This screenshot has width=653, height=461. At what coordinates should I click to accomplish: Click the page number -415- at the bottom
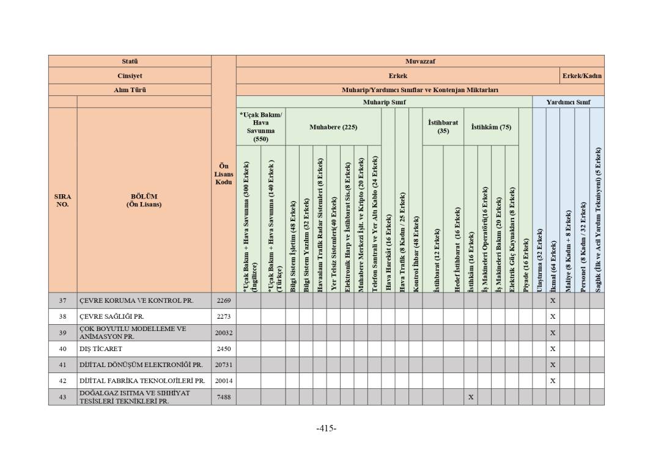[x=326, y=428]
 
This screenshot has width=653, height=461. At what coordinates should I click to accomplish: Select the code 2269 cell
[x=223, y=300]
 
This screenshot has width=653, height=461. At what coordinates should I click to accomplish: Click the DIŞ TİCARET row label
[x=100, y=349]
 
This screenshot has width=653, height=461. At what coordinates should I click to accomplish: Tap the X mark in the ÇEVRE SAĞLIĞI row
[x=552, y=316]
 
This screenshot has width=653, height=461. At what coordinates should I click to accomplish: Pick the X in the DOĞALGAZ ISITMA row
[x=470, y=397]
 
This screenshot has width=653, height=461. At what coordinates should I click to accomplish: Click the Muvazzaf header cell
[x=419, y=61]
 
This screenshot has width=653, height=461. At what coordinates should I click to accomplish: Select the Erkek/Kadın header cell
[x=582, y=76]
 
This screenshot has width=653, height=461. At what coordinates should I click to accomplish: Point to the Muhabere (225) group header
[x=333, y=127]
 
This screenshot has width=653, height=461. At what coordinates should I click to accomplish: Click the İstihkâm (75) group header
[x=491, y=127]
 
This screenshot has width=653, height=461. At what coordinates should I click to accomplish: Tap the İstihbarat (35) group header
[x=443, y=126]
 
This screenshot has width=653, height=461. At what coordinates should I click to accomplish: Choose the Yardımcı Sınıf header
[x=568, y=102]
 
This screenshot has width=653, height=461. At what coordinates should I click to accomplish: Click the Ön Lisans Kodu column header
[x=223, y=174]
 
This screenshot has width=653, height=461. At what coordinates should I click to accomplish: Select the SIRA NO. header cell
[x=62, y=200]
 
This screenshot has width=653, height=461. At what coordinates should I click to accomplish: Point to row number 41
[x=62, y=365]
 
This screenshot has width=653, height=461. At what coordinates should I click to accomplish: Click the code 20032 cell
[x=223, y=333]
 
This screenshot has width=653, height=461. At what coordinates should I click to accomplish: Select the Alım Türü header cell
[x=130, y=90]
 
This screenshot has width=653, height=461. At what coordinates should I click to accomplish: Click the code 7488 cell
[x=223, y=397]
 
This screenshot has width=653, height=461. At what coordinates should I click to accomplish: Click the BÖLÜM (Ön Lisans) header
[x=144, y=200]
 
